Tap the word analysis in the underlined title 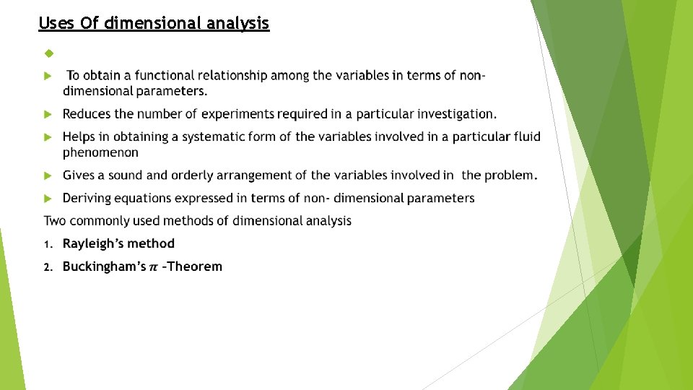pos(237,23)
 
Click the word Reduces pos(87,114)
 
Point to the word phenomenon pos(100,152)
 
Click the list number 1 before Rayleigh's pos(47,244)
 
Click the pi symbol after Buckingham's pos(153,267)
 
